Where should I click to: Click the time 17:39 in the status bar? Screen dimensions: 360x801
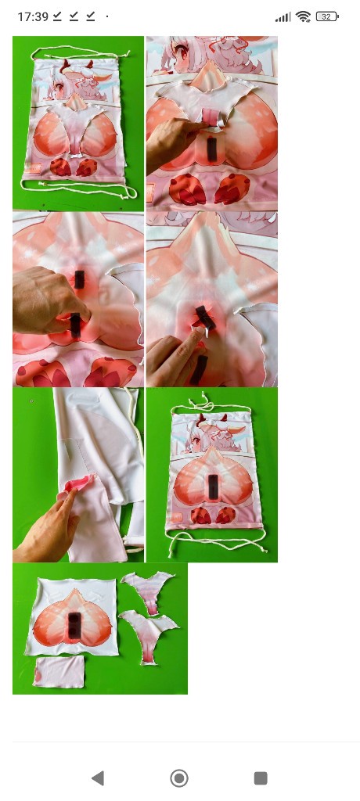click(33, 17)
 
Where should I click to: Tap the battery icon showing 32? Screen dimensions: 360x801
click(327, 17)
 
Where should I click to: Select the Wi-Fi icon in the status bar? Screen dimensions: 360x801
click(303, 17)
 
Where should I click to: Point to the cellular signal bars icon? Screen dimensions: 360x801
click(283, 18)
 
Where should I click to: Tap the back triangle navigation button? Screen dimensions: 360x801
click(97, 778)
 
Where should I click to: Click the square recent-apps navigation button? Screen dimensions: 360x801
click(261, 778)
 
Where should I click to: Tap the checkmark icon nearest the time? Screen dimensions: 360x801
click(57, 17)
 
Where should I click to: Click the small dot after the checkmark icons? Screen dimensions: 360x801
click(107, 17)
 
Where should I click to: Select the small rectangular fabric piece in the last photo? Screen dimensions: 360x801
click(59, 672)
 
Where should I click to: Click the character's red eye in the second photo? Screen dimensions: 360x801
click(181, 52)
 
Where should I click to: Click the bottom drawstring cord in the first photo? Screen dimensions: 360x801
click(79, 188)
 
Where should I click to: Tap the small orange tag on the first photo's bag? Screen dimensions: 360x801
click(34, 168)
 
